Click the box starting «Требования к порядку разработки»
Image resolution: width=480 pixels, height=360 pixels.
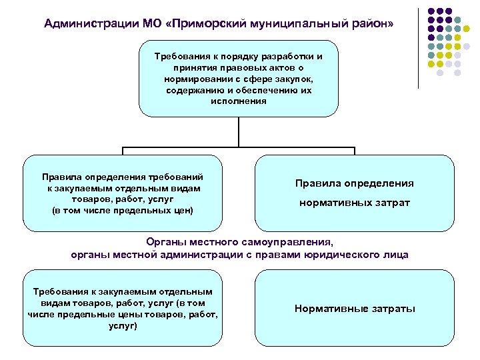238,78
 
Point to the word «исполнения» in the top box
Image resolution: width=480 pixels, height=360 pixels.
238,102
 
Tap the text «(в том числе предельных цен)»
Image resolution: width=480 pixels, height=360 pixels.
122,211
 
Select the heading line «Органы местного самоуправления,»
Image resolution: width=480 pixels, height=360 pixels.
239,243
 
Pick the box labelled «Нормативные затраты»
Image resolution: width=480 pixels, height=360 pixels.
354,308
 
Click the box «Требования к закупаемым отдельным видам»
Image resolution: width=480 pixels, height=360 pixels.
122,308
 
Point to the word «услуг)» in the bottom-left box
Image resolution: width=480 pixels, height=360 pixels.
122,326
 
